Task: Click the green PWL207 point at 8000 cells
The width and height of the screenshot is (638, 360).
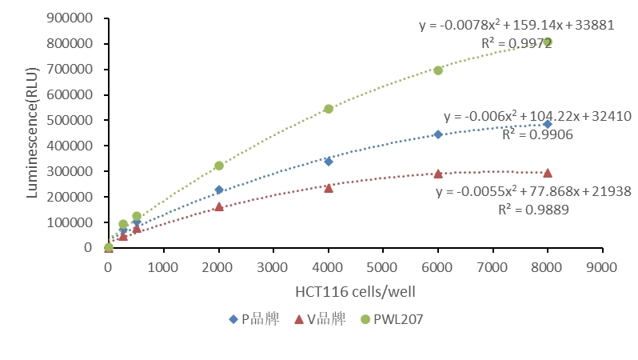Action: [548, 42]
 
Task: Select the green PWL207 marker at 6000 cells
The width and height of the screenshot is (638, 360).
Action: [438, 70]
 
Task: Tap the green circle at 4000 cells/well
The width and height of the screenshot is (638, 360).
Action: [329, 109]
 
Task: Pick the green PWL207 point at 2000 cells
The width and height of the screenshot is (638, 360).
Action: [219, 166]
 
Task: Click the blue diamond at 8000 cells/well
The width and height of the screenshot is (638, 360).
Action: [548, 124]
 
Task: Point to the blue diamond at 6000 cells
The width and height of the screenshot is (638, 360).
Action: [438, 134]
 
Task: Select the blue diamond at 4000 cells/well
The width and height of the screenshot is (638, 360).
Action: [329, 162]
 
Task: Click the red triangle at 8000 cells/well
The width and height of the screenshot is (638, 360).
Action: [548, 173]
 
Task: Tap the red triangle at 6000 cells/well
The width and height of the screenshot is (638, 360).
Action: [438, 174]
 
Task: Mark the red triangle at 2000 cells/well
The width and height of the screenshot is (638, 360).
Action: [219, 206]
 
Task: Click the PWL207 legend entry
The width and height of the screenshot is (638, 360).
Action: [392, 318]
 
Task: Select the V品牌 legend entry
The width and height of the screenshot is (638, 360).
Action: [320, 318]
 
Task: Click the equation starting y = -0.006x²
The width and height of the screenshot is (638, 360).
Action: [537, 116]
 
